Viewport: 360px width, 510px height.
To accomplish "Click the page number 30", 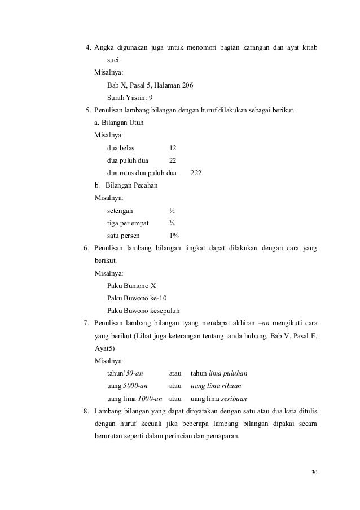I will [x=314, y=472].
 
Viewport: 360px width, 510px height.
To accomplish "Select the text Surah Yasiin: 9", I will [x=129, y=98].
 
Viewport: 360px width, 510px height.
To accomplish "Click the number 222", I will [x=196, y=173].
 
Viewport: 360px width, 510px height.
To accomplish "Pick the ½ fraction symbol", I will [x=172, y=211].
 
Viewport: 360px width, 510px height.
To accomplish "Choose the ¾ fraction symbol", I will [x=172, y=223].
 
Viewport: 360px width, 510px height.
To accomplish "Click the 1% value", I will [x=174, y=236].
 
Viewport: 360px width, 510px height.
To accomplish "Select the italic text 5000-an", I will [x=135, y=386].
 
